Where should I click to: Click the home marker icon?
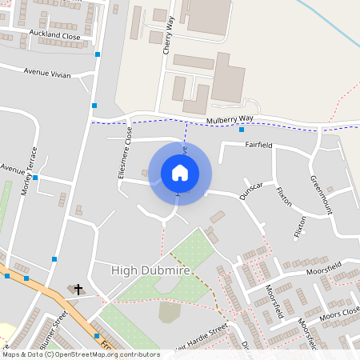[x=180, y=172]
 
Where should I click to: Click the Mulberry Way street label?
[x=230, y=120]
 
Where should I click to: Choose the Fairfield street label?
[x=259, y=146]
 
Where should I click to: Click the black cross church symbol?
[x=78, y=289]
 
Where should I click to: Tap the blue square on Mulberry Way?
[x=242, y=130]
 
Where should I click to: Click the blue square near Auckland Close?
[x=98, y=54]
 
